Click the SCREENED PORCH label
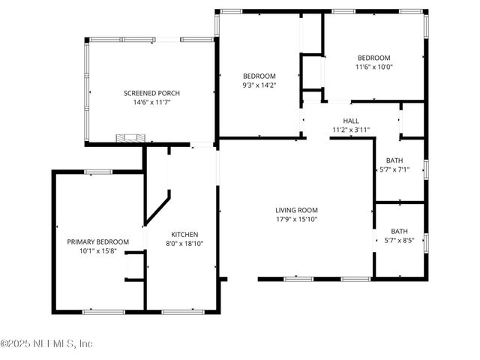coord(152,93)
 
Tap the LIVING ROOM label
coord(297,210)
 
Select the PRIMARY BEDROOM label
coord(98,241)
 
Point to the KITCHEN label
coord(184,234)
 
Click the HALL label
coord(351,121)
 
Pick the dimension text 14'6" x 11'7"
coord(152,102)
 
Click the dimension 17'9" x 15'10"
coord(297,219)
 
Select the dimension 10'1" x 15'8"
coord(98,250)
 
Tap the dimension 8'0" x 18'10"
coord(184,243)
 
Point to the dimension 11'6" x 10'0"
coord(373,67)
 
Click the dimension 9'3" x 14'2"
coord(259,85)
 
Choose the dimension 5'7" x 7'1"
coord(394,169)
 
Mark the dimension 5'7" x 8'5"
coord(399,240)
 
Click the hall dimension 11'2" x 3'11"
coord(351,130)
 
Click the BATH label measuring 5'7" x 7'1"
coord(394,160)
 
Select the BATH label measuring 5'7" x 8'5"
coord(399,231)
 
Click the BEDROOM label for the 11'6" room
coord(373,58)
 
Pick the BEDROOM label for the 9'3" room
coord(259,76)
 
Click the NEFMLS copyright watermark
coord(46,343)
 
